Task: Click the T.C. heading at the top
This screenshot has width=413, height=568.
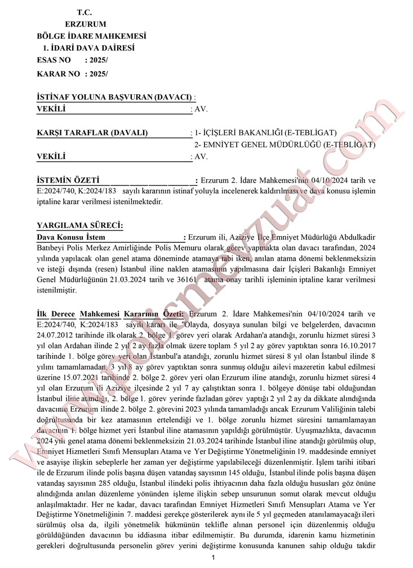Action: click(x=85, y=12)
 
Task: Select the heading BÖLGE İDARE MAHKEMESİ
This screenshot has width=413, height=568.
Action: click(x=87, y=36)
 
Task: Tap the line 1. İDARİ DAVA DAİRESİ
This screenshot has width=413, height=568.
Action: click(x=88, y=48)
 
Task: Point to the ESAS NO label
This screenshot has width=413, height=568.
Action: click(x=54, y=60)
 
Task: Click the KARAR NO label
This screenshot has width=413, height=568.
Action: click(x=59, y=74)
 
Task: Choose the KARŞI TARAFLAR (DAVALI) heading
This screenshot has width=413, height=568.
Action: click(x=92, y=133)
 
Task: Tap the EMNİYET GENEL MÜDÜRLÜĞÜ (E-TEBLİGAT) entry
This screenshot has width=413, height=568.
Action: click(x=285, y=145)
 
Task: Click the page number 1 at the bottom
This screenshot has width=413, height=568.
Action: click(x=214, y=558)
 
